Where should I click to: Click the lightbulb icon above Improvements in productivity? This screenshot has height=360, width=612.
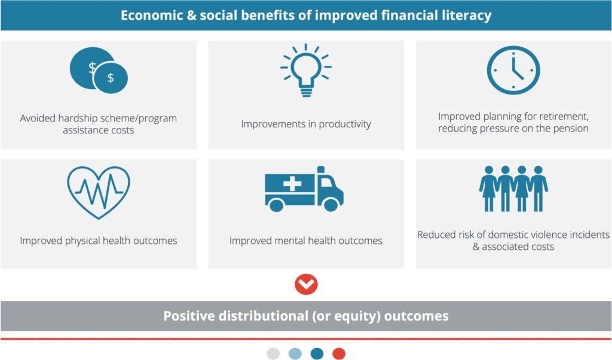[305, 71]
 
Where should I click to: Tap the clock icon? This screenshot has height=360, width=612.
[513, 70]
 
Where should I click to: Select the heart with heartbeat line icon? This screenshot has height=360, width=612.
[99, 191]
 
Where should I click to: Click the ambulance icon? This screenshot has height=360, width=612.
[304, 188]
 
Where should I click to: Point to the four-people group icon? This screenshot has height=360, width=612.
[513, 188]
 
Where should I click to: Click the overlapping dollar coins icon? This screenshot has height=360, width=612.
[99, 71]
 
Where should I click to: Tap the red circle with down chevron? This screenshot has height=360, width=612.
[306, 284]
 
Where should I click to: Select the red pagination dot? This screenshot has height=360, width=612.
[339, 353]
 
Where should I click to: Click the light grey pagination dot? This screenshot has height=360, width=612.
[273, 353]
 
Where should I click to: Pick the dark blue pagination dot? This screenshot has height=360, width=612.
[317, 353]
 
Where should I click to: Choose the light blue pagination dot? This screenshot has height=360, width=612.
[295, 353]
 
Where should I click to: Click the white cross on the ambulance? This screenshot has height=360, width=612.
[292, 184]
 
